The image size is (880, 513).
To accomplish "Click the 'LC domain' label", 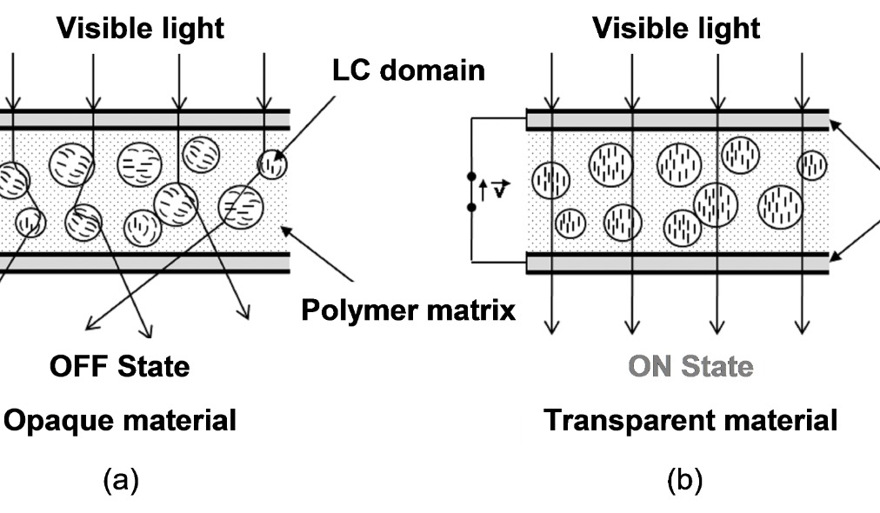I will [409, 70].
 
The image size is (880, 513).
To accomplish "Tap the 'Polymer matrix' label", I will [408, 310].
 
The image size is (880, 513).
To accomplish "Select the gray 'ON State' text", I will [690, 366].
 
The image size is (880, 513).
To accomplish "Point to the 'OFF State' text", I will [119, 366].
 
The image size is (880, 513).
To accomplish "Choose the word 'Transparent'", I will [625, 421].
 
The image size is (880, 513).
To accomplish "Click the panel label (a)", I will [120, 479].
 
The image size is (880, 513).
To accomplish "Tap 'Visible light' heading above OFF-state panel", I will [140, 28].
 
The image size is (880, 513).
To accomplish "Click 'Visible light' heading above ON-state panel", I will [676, 28].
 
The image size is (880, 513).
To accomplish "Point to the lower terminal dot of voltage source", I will [472, 207].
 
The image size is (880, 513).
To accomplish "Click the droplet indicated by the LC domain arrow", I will [272, 163].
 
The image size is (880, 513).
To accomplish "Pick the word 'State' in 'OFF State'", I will [153, 366].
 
